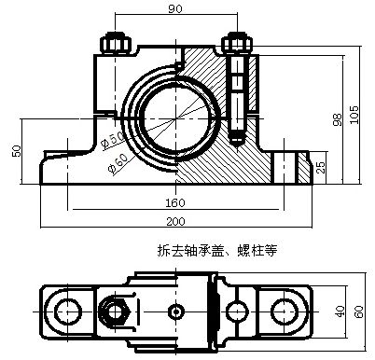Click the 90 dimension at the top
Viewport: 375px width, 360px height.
[x=175, y=8]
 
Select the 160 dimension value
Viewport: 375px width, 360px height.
[x=175, y=202]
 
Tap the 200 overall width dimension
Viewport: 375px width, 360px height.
[x=175, y=221]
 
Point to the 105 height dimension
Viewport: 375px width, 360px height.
[x=354, y=115]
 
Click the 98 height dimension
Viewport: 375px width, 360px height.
[x=338, y=119]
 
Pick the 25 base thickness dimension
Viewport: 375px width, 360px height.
[x=322, y=167]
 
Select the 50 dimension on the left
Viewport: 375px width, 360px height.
[x=17, y=151]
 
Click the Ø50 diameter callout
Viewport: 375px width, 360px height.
[x=113, y=139]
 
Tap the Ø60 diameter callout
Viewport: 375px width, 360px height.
[x=118, y=162]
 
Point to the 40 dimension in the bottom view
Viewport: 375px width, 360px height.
[x=340, y=312]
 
